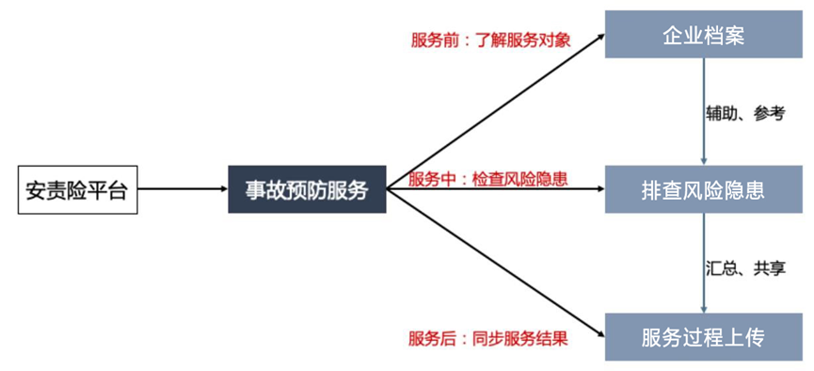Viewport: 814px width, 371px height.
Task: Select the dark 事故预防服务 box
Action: click(307, 189)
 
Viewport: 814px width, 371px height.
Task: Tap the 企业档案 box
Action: click(703, 37)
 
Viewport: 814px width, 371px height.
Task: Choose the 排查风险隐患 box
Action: click(703, 189)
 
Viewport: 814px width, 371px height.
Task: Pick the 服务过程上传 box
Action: click(703, 336)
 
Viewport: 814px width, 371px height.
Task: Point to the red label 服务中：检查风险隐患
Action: click(488, 178)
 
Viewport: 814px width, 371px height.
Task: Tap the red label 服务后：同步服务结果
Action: click(488, 338)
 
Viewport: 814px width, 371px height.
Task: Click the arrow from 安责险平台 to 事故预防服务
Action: click(180, 189)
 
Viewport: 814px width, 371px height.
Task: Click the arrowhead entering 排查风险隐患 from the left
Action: click(598, 189)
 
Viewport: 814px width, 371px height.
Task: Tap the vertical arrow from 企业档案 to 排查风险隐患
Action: click(704, 113)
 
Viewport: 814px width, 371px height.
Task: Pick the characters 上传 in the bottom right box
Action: click(749, 336)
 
